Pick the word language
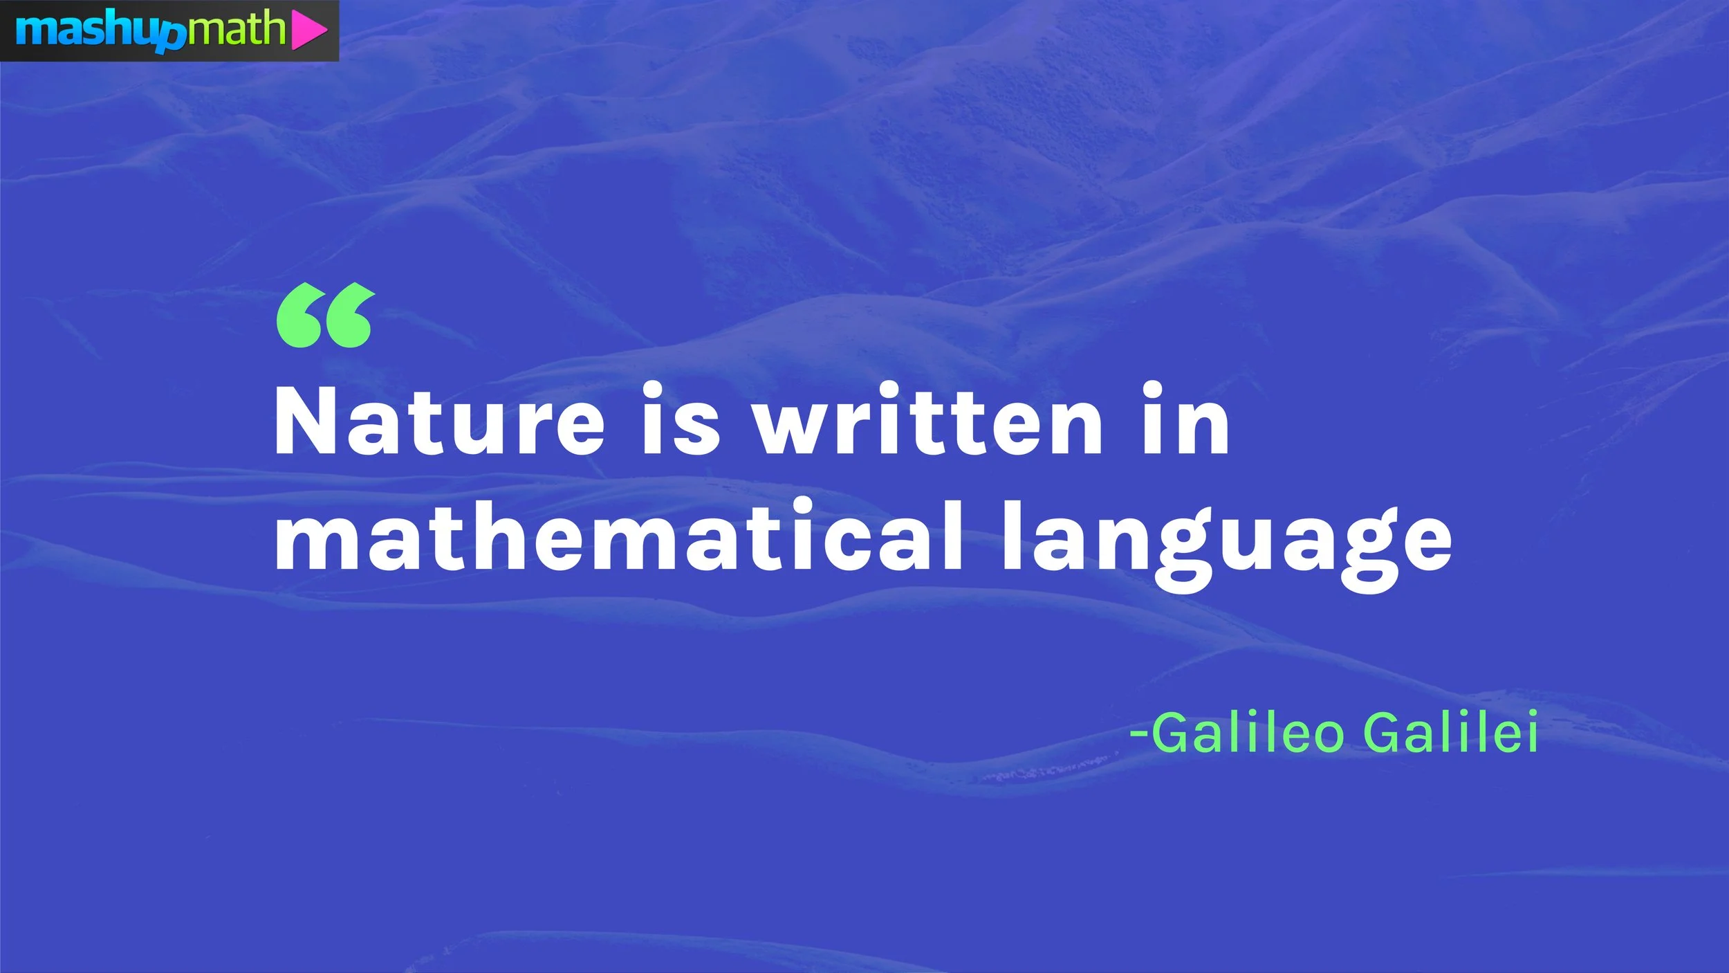1228,543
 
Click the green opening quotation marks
325,315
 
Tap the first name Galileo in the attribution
1248,732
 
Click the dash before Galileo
1139,734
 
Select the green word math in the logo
236,29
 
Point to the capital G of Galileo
1173,732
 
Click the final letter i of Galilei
1531,731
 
